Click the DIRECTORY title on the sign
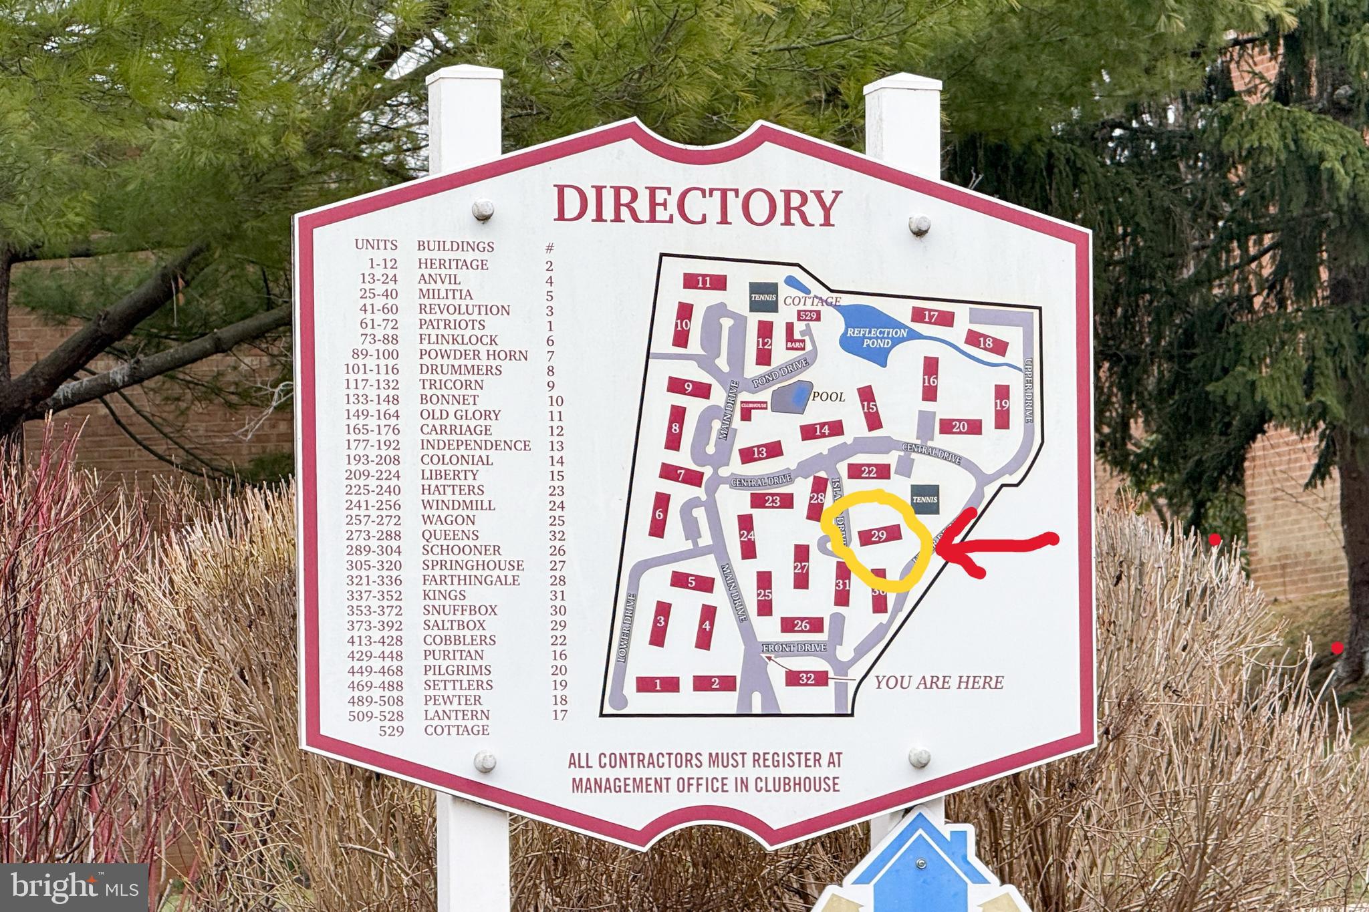697,205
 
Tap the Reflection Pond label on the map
877,337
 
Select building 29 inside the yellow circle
878,535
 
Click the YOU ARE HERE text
939,682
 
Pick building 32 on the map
807,679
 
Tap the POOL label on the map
828,397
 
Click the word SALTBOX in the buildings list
454,625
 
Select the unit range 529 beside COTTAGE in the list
391,731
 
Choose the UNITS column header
376,245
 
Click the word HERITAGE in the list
453,265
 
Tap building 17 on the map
930,317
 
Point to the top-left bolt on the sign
483,209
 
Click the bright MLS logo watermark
74,887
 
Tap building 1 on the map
657,684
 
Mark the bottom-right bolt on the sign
919,758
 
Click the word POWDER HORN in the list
473,355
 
